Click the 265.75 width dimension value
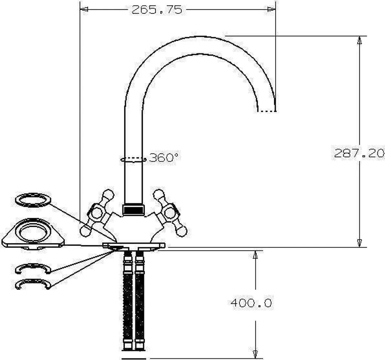coord(157,10)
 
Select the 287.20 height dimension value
coord(359,153)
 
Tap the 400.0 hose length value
coord(251,303)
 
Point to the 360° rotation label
coord(164,157)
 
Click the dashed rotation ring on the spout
coord(133,160)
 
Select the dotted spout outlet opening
coord(267,111)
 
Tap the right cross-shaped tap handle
coord(170,213)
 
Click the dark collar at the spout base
coord(133,210)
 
